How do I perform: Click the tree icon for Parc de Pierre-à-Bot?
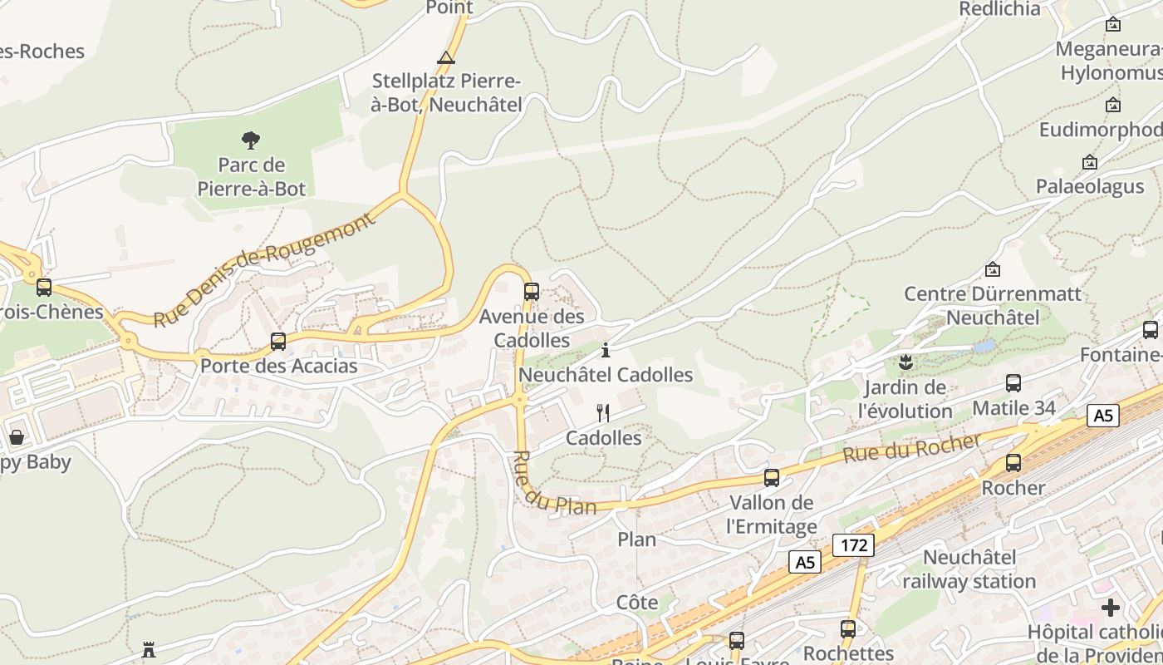251,140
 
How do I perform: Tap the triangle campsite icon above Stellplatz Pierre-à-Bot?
446,58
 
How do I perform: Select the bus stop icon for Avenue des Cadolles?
532,292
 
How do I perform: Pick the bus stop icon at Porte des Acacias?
278,342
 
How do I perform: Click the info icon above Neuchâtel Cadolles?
606,350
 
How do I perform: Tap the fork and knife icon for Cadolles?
604,413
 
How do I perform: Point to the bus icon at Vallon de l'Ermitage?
772,478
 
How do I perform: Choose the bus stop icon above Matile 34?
1013,383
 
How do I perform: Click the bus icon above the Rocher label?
1013,463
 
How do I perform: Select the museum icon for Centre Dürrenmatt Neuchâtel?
992,269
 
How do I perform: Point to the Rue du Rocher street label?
911,449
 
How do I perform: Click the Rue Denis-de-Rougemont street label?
264,270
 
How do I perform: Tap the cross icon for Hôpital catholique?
1111,608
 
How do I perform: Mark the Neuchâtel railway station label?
969,569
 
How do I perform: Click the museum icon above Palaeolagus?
1090,162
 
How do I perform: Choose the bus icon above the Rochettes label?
848,629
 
